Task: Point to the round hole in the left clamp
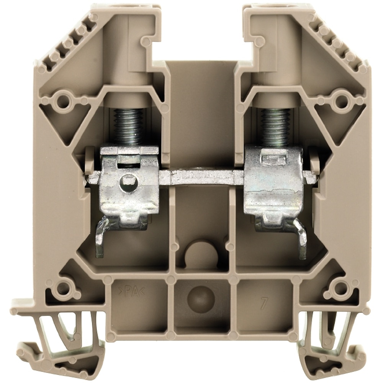[127, 182]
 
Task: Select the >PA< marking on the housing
[132, 292]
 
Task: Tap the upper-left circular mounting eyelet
[63, 100]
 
